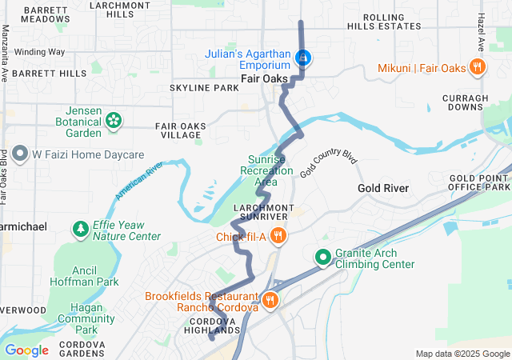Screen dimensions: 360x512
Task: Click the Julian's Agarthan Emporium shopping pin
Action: [x=303, y=58]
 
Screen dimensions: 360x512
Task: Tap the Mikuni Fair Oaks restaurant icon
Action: [x=477, y=68]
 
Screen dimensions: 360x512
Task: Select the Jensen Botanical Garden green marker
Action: [x=114, y=121]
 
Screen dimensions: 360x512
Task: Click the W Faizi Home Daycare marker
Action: [x=18, y=154]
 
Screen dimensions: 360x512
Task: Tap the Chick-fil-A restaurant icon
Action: [x=278, y=236]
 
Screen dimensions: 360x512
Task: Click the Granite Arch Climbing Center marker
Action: [x=322, y=258]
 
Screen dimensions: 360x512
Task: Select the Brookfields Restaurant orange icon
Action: [x=270, y=301]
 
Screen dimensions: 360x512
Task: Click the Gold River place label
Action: [x=383, y=188]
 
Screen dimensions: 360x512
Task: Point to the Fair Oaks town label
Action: [x=262, y=78]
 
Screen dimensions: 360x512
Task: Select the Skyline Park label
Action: [x=204, y=87]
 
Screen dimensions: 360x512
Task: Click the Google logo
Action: [x=26, y=350]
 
